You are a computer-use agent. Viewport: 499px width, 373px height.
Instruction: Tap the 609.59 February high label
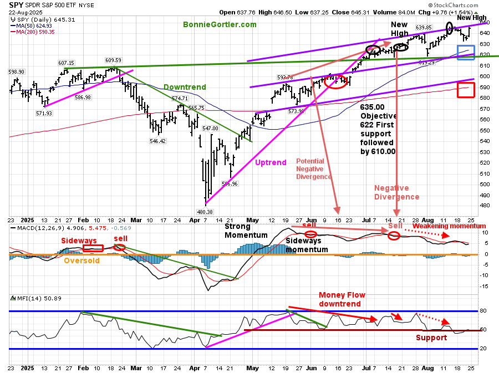(115, 60)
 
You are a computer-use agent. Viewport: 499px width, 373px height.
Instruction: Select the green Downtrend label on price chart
(185, 87)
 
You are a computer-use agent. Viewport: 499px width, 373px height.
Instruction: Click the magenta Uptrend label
(272, 162)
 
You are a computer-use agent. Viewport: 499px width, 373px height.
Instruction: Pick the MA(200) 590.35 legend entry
(34, 31)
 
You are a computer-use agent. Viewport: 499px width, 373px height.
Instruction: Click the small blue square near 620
(465, 53)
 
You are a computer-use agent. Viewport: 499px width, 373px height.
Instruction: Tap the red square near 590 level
(466, 90)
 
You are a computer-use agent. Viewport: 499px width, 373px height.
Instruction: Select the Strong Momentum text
(246, 231)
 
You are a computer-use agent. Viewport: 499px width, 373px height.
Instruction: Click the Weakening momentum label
(449, 226)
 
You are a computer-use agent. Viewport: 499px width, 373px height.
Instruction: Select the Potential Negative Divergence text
(314, 168)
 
